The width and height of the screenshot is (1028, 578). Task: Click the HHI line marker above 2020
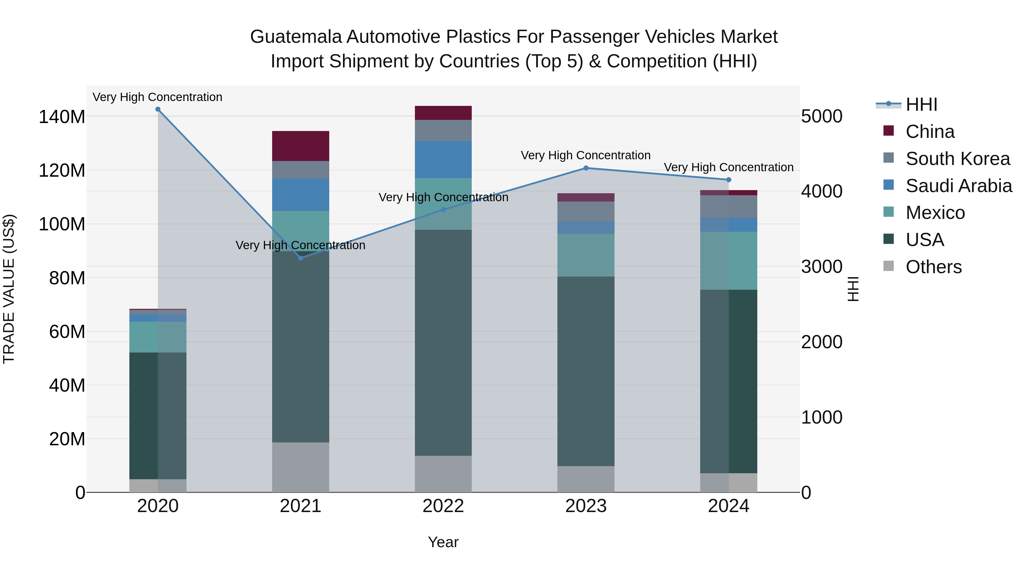(158, 109)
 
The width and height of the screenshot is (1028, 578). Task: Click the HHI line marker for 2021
(300, 258)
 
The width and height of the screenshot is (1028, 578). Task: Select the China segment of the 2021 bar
(300, 146)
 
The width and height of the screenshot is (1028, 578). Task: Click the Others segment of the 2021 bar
(300, 467)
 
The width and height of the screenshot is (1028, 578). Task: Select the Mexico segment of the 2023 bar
(586, 255)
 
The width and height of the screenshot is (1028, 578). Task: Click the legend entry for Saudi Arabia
(959, 186)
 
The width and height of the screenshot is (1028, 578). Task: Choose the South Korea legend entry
(957, 159)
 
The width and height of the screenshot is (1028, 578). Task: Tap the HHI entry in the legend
(921, 104)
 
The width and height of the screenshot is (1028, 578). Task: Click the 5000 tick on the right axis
(822, 116)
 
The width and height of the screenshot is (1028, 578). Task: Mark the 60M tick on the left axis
(67, 331)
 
